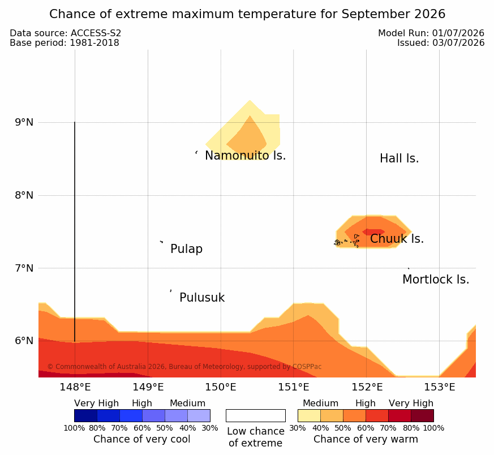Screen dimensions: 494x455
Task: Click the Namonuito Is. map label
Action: click(x=245, y=156)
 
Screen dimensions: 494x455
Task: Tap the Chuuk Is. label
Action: click(x=397, y=239)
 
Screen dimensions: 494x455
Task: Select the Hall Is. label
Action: click(x=399, y=158)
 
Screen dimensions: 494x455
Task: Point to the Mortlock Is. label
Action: click(x=436, y=280)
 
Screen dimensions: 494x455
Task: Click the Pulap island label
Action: click(x=186, y=249)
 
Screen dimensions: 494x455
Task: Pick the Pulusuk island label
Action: click(x=202, y=298)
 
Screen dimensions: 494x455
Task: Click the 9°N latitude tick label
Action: click(x=24, y=122)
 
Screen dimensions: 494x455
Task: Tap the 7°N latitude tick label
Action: click(x=24, y=268)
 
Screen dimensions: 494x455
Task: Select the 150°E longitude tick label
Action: click(x=221, y=387)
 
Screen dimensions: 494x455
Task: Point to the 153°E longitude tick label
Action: click(x=440, y=387)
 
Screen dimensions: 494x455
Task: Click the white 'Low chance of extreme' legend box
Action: click(x=256, y=415)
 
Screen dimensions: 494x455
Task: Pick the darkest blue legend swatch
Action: click(x=85, y=415)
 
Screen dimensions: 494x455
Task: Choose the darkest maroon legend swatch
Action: click(x=422, y=415)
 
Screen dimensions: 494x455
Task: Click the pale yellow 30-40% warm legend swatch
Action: click(x=309, y=415)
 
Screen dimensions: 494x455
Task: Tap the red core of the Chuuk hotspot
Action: click(x=373, y=232)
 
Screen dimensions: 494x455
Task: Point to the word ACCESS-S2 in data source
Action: click(x=96, y=33)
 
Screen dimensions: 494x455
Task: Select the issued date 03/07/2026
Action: click(x=458, y=43)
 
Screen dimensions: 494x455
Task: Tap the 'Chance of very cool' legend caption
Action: click(x=142, y=439)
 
